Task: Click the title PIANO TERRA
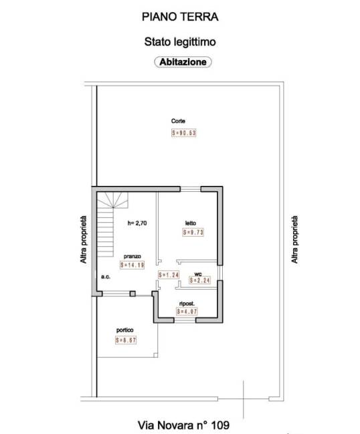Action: pos(180,17)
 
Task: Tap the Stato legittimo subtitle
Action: pos(180,42)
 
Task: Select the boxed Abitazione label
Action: pos(183,62)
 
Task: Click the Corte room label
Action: pos(178,121)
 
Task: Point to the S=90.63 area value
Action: pos(183,133)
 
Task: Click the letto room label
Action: pos(191,223)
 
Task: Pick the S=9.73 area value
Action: pos(193,232)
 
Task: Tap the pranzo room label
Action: pos(132,257)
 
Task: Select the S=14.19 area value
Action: pos(132,265)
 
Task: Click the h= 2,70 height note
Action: pos(137,223)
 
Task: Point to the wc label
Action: pos(198,274)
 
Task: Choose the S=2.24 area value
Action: pos(199,280)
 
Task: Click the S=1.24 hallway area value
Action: pos(169,275)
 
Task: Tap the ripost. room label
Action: pos(187,304)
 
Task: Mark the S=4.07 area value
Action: pos(187,312)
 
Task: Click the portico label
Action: pos(125,330)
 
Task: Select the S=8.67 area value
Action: pos(126,340)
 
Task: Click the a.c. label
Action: pos(106,277)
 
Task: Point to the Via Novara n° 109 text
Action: pos(183,425)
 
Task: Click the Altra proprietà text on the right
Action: pos(294,239)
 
